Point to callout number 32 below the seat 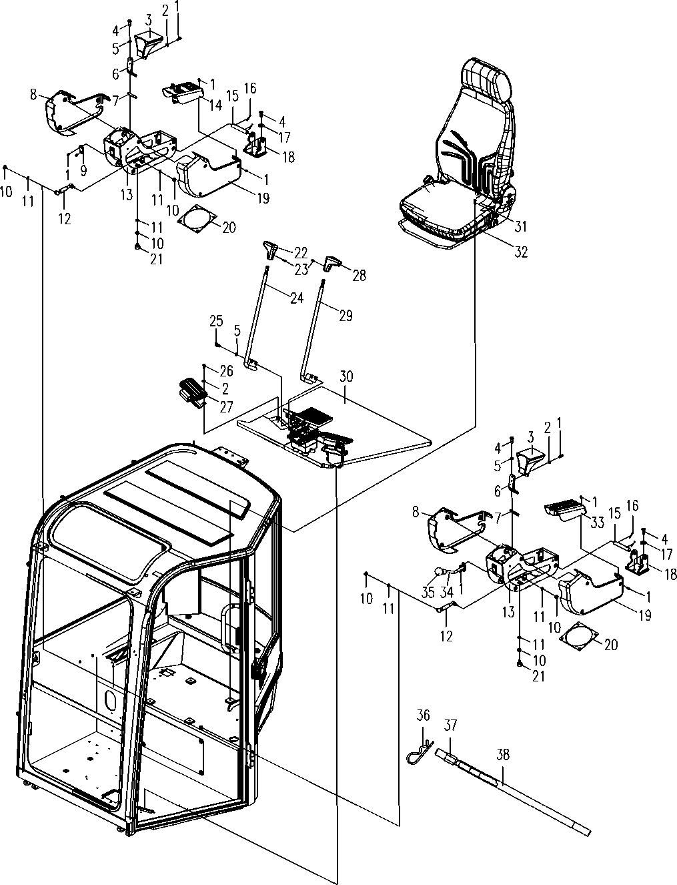pyautogui.click(x=520, y=252)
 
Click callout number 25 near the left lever pyautogui.click(x=217, y=322)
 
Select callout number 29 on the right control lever pyautogui.click(x=346, y=315)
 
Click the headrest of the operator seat pyautogui.click(x=490, y=75)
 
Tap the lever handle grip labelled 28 pyautogui.click(x=331, y=262)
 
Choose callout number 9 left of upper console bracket pyautogui.click(x=83, y=170)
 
